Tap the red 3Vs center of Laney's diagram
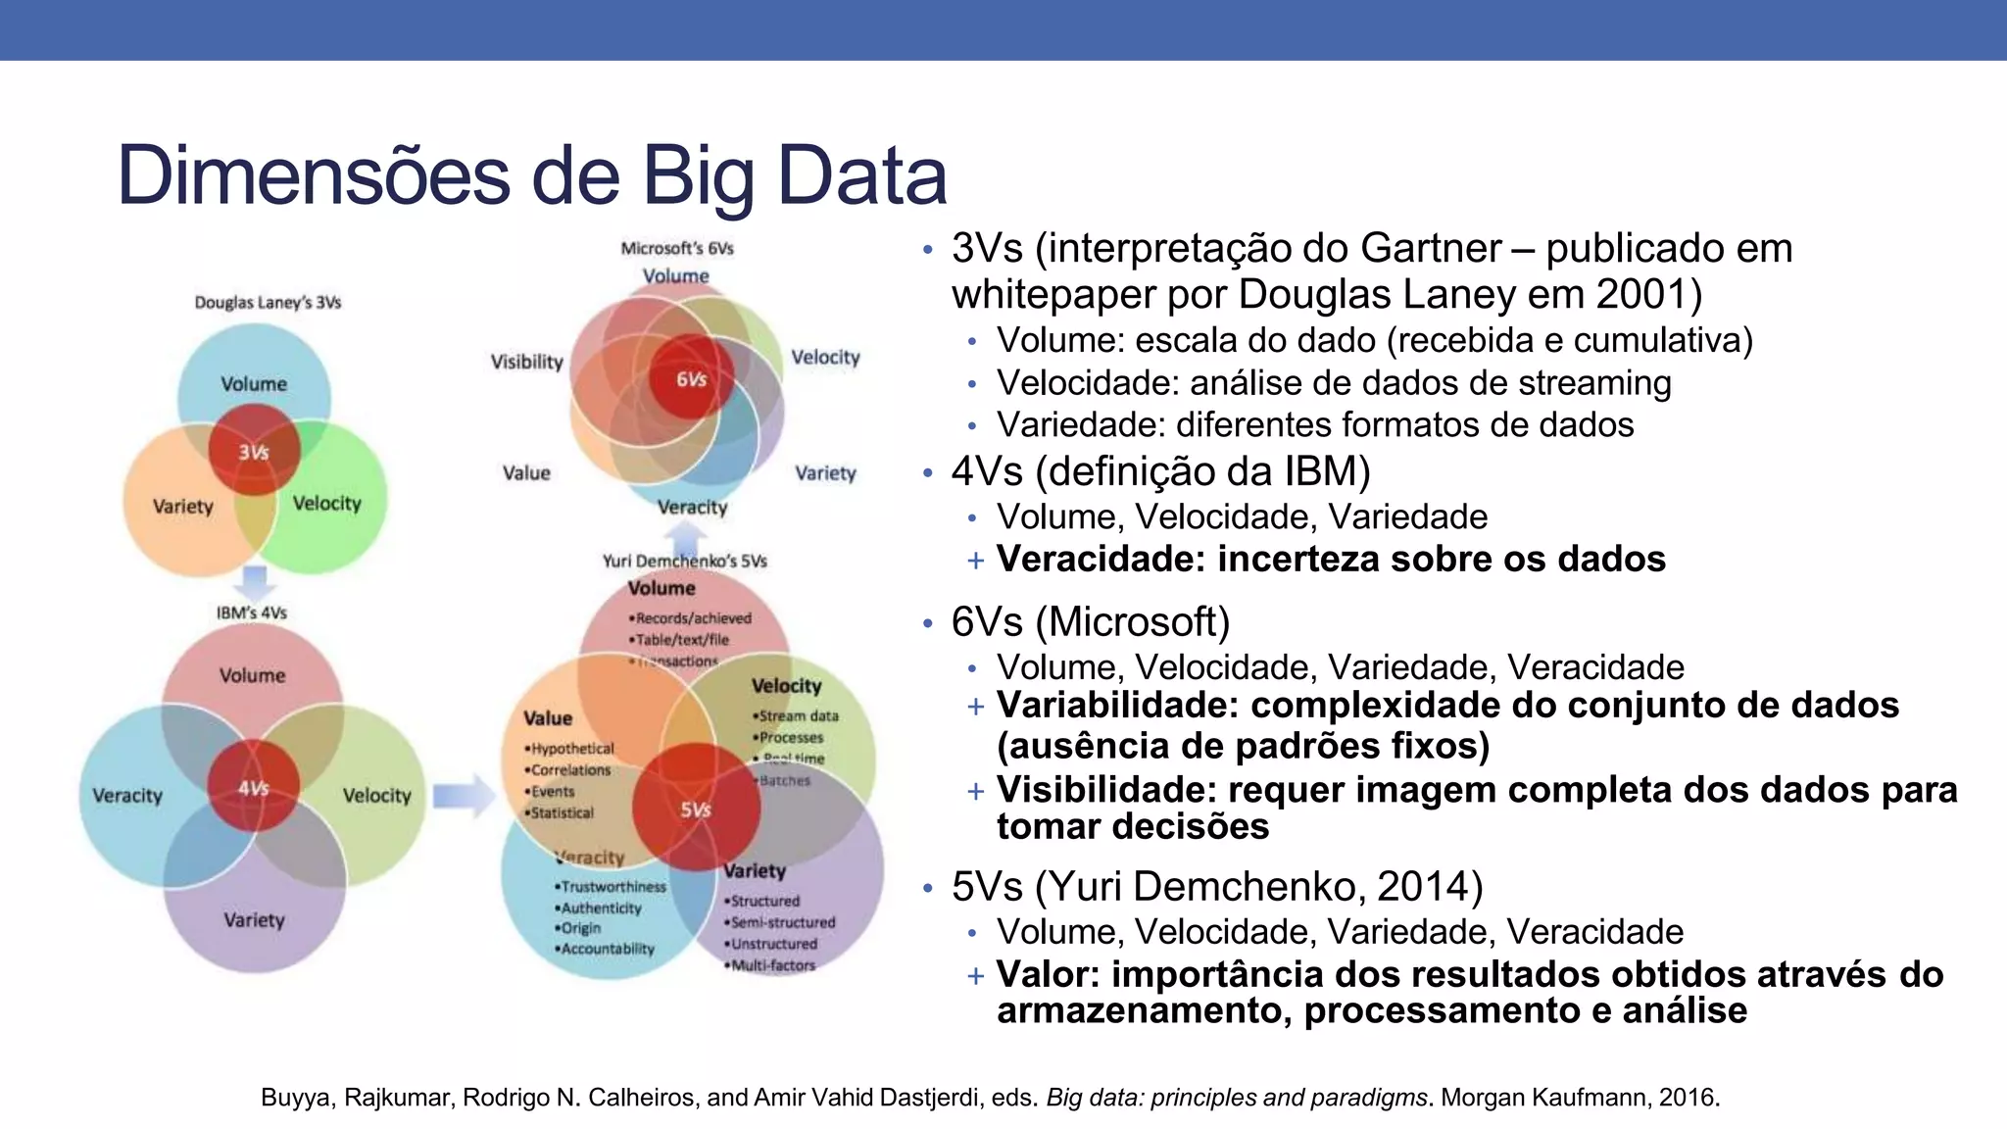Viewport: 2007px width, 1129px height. click(x=254, y=452)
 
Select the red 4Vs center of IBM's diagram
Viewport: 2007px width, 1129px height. click(x=253, y=788)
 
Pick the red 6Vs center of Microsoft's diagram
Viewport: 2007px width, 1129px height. click(x=691, y=379)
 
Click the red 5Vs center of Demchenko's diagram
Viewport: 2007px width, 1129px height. click(x=695, y=810)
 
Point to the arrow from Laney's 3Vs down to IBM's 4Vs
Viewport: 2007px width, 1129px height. click(x=255, y=582)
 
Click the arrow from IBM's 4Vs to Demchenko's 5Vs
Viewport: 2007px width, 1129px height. click(x=464, y=795)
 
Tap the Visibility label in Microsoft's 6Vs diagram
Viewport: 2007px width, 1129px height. click(x=527, y=362)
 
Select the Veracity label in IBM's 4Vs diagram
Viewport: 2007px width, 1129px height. click(x=127, y=795)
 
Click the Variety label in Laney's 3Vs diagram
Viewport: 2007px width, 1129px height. click(x=183, y=506)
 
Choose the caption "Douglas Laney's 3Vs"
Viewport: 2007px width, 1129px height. click(x=268, y=302)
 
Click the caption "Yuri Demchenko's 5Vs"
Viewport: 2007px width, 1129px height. click(x=684, y=561)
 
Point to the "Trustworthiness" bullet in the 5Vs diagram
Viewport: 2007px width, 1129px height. click(x=612, y=886)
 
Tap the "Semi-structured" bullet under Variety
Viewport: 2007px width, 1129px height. click(x=782, y=922)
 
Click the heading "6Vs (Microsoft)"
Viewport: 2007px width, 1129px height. click(x=1090, y=621)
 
